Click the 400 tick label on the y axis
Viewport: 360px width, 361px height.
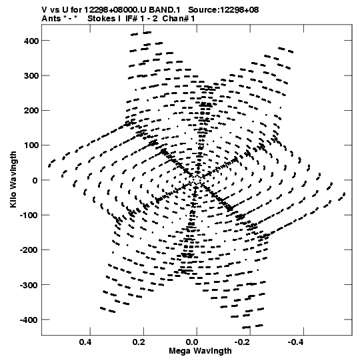pos(31,41)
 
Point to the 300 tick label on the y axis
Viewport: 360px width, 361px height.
pos(31,76)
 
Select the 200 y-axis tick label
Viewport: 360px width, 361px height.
pos(31,111)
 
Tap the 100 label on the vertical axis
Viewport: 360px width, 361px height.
pos(31,145)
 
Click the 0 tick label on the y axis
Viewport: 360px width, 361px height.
pos(35,180)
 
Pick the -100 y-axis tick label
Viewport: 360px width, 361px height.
pos(29,216)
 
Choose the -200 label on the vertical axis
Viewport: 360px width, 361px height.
pos(29,250)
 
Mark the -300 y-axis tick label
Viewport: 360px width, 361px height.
pos(29,286)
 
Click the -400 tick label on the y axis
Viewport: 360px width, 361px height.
pos(29,320)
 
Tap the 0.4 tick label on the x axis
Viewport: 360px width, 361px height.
pos(85,342)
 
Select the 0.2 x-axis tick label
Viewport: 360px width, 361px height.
pos(139,342)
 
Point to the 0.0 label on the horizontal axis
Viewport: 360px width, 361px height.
pos(192,342)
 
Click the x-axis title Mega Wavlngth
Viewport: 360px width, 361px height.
pos(200,351)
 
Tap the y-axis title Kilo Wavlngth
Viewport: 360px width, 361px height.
pos(13,179)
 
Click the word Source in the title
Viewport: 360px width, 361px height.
pos(203,10)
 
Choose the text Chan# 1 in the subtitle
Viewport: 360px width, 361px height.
pos(179,19)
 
